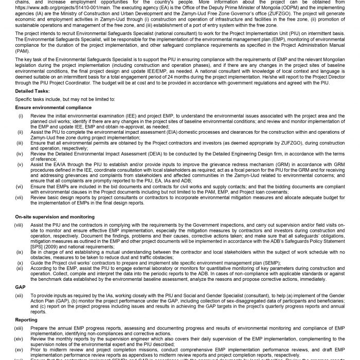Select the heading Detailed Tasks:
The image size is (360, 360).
coord(31,91)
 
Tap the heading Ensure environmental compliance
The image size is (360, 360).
coord(53,107)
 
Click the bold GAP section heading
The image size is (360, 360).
coord(21,273)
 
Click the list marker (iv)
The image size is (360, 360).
coord(20,153)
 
